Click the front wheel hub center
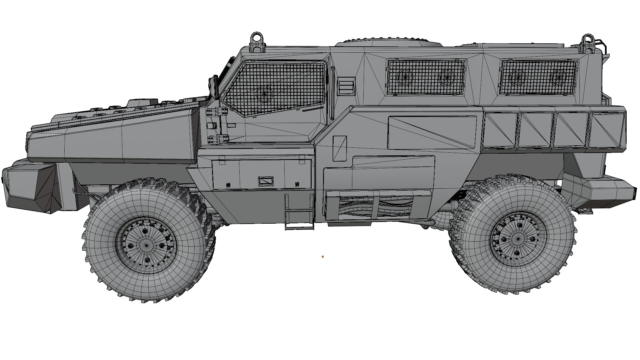tap(146, 245)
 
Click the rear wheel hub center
tap(518, 239)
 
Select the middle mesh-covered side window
tap(426, 77)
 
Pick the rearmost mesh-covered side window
tap(538, 77)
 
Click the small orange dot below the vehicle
tap(323, 257)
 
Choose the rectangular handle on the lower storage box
tap(266, 181)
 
